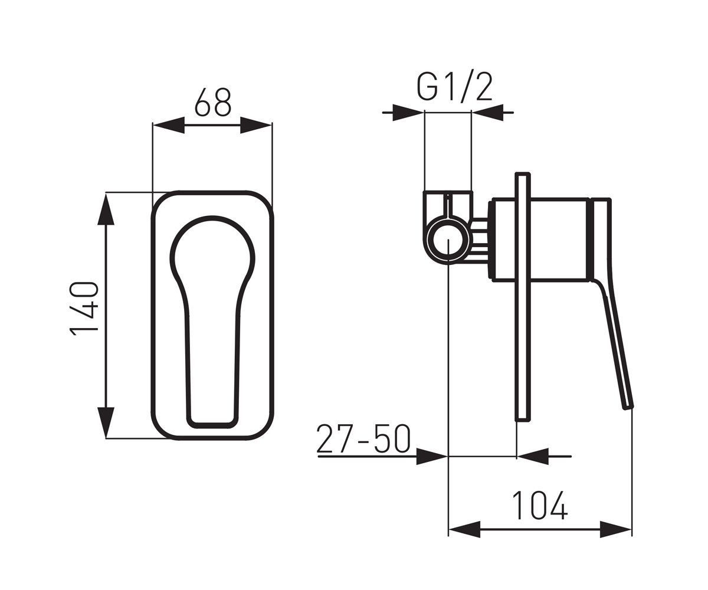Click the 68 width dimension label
[x=213, y=102]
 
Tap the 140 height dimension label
[x=84, y=308]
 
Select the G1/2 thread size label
[x=454, y=87]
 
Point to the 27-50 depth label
[x=363, y=439]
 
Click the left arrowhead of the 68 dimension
[x=169, y=125]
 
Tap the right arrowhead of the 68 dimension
[x=256, y=125]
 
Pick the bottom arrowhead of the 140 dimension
[x=106, y=422]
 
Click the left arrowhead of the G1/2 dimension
[x=408, y=113]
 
